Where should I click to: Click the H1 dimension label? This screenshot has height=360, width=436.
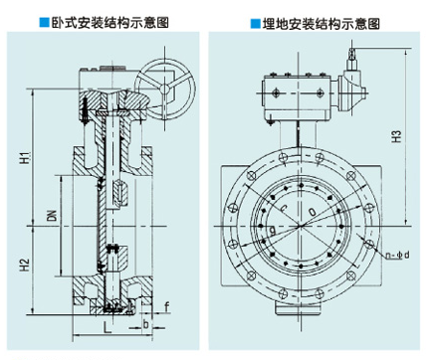coord(25,157)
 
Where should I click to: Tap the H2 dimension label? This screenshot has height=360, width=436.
coord(25,265)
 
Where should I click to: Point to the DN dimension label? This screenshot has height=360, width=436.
coord(53,216)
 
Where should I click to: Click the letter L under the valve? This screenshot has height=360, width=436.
coord(107,328)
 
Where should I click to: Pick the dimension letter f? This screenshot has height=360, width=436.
coord(167,307)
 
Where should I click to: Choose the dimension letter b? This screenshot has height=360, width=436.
coord(145,324)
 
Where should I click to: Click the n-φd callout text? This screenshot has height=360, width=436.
coord(398,255)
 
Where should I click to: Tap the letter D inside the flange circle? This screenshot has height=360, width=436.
coord(313,212)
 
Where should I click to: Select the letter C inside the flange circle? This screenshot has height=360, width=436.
coord(284,208)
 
